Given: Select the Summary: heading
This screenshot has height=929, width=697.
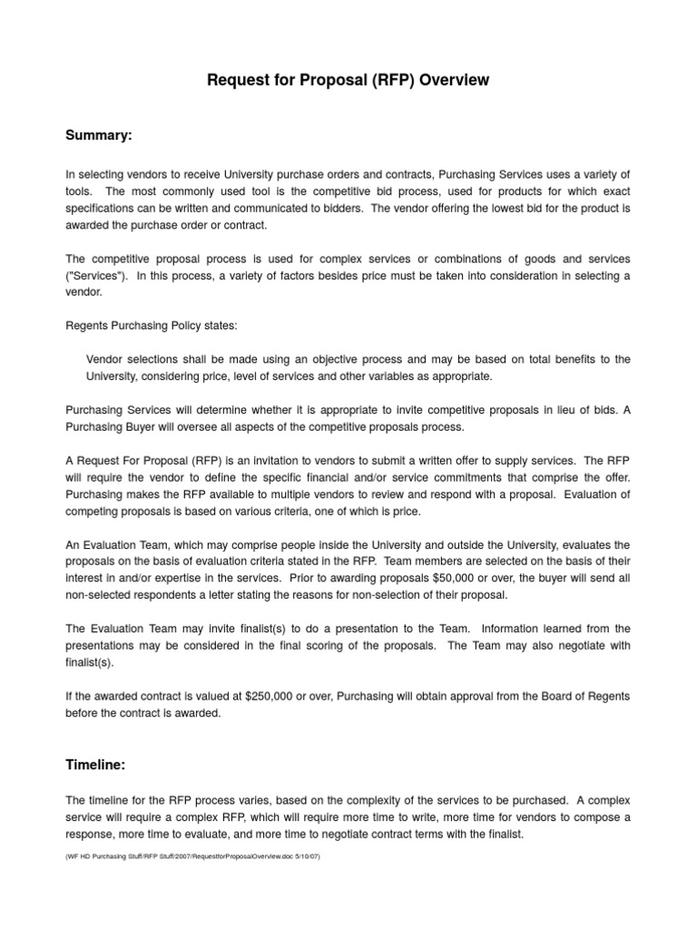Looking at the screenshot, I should click(99, 135).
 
